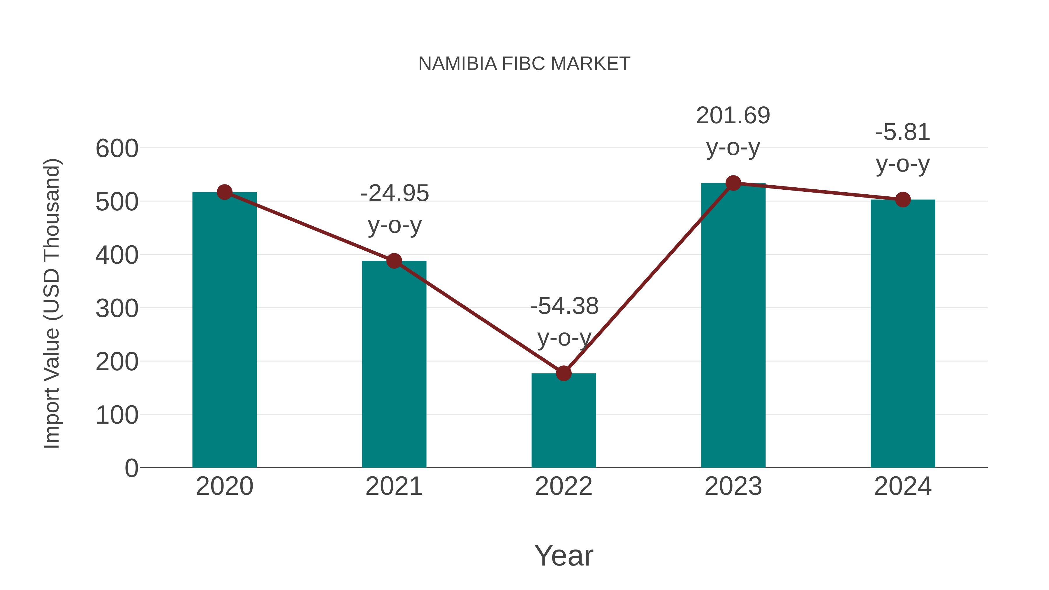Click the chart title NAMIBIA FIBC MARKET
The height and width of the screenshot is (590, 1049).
[x=524, y=64]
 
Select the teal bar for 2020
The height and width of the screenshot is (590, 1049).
[x=224, y=330]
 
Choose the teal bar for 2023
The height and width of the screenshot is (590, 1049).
[x=733, y=326]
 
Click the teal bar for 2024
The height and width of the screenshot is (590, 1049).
[x=903, y=334]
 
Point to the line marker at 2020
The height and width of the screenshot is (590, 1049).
[x=224, y=192]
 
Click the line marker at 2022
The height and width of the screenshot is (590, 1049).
[x=564, y=373]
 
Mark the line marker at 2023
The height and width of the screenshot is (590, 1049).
[x=733, y=183]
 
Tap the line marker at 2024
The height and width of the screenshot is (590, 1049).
[x=903, y=200]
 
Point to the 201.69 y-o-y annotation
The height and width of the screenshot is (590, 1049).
[x=733, y=131]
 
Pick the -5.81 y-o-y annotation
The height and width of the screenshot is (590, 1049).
[x=903, y=148]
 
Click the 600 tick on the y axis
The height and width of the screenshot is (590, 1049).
[x=117, y=149]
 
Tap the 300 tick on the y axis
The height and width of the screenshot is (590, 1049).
[x=117, y=309]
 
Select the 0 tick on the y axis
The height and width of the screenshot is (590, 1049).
[x=131, y=468]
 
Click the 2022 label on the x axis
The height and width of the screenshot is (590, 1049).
[x=564, y=487]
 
